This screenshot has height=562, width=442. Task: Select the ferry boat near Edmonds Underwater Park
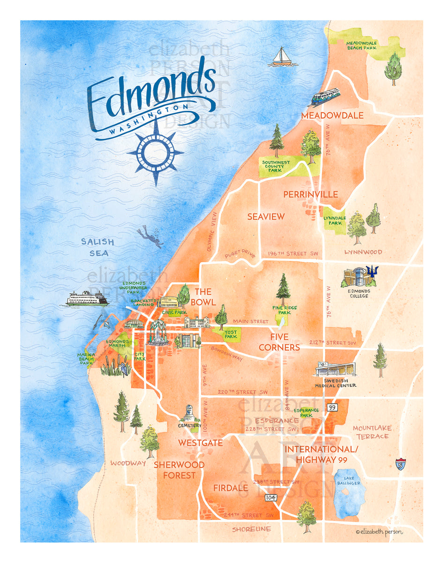click(x=87, y=298)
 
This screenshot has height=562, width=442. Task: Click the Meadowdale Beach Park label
click(x=361, y=45)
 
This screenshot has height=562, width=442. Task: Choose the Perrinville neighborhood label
click(x=310, y=194)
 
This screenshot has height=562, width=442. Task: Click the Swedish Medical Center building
click(x=335, y=369)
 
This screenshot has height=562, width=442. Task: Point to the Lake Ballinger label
click(x=349, y=481)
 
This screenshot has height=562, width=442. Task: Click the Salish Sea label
click(x=97, y=247)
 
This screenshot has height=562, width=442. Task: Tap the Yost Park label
click(x=230, y=334)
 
